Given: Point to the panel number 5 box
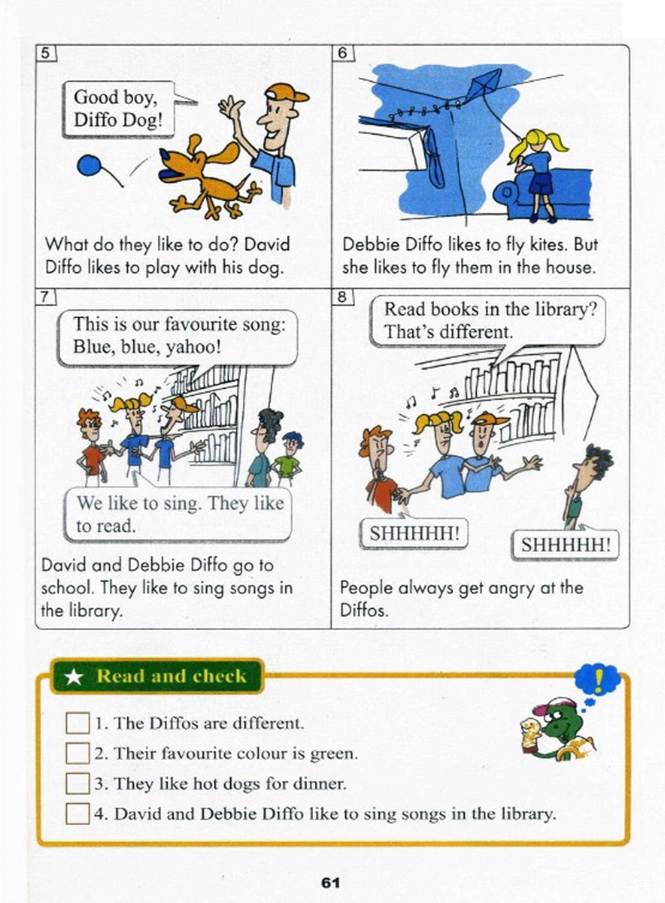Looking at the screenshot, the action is coord(45,53).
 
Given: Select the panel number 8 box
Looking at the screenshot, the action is coord(342,297).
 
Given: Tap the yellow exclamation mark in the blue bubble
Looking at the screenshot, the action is coord(599,680).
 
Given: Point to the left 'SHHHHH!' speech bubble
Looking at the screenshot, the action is coord(414,534).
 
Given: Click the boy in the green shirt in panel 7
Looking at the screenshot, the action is coord(287,459).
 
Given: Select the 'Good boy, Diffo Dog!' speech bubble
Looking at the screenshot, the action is coord(119,109).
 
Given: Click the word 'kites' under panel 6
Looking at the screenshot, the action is coord(546,244).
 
